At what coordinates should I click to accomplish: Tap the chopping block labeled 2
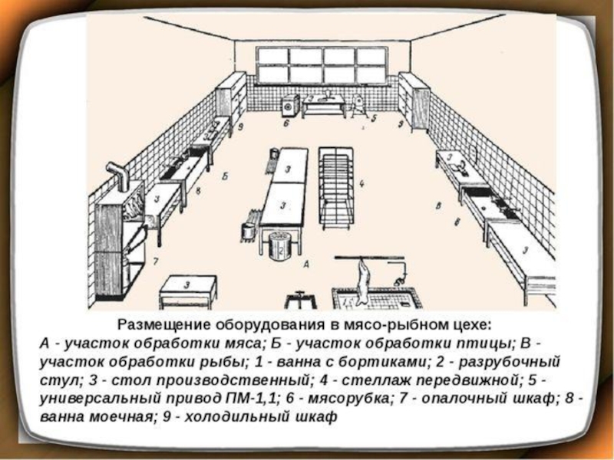(x=279, y=247)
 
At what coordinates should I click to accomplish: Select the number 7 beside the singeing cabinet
(x=155, y=262)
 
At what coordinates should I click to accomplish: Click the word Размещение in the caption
(x=166, y=325)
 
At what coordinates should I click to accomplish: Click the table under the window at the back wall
(x=322, y=105)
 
